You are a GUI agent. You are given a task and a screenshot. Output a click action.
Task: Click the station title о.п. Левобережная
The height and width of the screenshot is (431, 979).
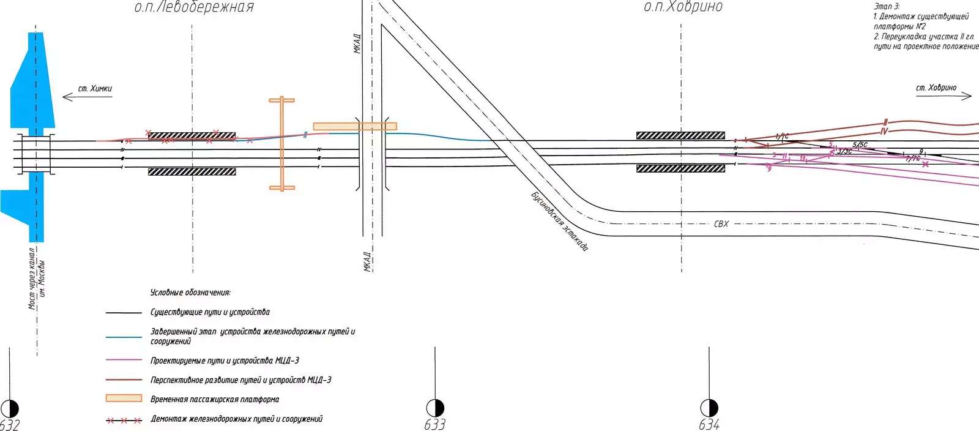[194, 7]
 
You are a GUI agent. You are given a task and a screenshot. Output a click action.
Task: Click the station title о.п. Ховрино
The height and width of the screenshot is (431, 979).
[683, 7]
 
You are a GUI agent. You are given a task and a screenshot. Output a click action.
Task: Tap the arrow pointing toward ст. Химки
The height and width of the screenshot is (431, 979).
[87, 97]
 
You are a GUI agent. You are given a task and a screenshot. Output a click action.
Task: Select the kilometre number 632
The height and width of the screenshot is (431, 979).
[10, 424]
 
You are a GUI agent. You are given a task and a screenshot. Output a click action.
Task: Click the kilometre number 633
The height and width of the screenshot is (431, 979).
[435, 424]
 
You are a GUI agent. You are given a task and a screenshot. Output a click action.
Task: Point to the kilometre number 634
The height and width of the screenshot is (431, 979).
[709, 424]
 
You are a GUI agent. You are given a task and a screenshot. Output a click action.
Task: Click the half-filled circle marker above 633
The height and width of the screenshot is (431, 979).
[435, 408]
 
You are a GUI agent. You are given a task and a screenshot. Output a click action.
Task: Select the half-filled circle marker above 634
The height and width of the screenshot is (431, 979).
[709, 408]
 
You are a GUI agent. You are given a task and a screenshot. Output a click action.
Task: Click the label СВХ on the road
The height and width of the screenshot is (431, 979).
[721, 224]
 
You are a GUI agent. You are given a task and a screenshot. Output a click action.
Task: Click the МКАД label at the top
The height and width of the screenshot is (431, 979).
[357, 43]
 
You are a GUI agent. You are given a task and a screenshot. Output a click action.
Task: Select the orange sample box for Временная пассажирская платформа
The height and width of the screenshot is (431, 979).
[124, 399]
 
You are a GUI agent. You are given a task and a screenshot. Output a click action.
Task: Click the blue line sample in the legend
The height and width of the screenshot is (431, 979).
[124, 337]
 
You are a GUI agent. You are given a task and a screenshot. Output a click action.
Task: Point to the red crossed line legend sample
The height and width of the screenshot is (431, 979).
[124, 421]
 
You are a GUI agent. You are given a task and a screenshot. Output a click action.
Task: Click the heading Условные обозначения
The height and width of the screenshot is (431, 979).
[190, 293]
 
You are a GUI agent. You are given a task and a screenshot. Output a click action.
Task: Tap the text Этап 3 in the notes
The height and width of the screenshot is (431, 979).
[887, 6]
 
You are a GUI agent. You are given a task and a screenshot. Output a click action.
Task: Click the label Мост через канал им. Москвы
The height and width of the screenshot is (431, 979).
[36, 279]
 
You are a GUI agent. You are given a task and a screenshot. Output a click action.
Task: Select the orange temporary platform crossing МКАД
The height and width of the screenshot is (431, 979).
[355, 126]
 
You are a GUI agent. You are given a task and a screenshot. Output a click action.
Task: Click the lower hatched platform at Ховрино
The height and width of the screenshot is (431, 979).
[680, 168]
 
